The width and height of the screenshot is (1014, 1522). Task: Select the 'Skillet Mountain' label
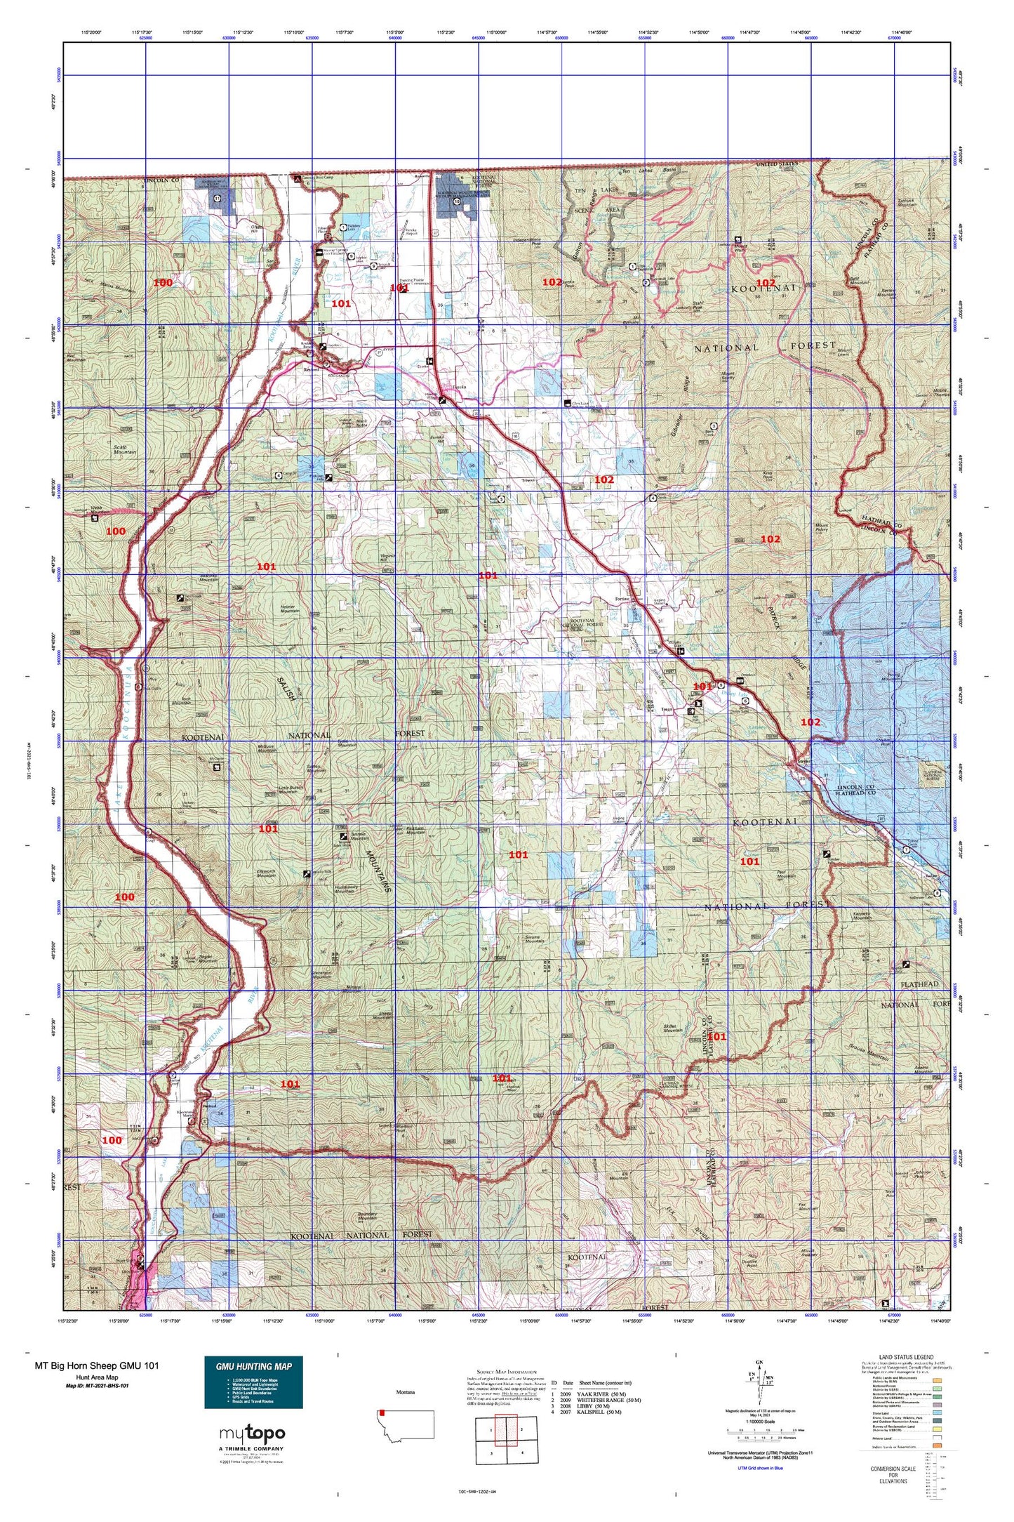[x=673, y=1028]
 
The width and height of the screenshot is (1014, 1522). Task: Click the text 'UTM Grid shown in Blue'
[x=760, y=1467]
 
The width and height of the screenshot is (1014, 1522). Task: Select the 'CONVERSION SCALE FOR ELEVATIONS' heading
[x=893, y=1475]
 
